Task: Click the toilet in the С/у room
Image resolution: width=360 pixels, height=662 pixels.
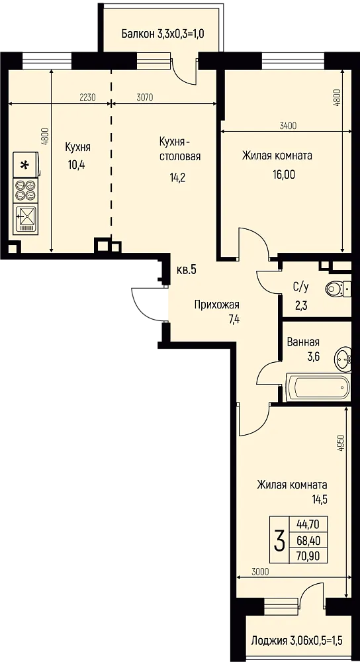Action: tap(338, 289)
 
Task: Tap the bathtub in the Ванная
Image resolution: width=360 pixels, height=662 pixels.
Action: tap(319, 387)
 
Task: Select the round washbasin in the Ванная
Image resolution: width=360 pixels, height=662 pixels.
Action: tap(343, 359)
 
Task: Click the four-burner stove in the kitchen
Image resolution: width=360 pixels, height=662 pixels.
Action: tap(25, 189)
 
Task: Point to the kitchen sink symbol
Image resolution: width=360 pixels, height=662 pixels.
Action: tap(26, 218)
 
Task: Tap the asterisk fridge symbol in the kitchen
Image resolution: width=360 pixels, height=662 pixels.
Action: tap(26, 165)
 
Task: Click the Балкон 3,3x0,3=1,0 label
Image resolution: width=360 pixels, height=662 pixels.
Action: tap(163, 34)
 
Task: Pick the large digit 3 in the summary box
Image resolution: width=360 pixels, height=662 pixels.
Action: tap(279, 542)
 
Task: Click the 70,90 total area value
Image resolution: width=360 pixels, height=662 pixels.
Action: tap(308, 556)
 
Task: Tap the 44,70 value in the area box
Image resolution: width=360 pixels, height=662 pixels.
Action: tap(308, 525)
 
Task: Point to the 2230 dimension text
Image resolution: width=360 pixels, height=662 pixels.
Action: tap(88, 97)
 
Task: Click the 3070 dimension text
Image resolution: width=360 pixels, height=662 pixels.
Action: tap(144, 97)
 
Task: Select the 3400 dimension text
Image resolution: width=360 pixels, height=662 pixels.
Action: tap(289, 125)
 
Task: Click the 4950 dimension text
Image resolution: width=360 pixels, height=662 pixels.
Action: tap(339, 444)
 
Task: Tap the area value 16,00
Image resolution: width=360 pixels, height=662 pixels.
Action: tap(284, 174)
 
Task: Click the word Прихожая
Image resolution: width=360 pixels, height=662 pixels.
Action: tap(216, 305)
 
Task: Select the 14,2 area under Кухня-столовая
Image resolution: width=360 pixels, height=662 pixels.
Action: tap(177, 177)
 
